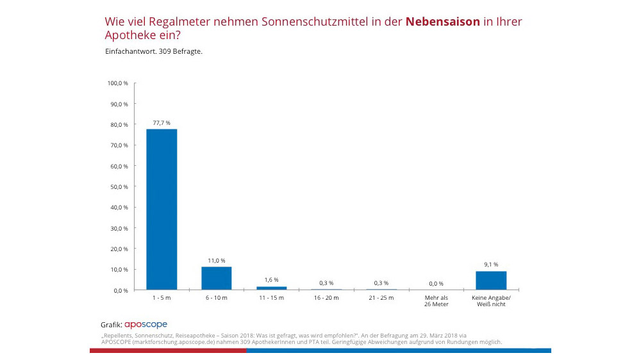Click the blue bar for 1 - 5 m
(x=162, y=209)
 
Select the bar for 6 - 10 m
(x=217, y=278)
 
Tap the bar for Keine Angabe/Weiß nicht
(x=491, y=281)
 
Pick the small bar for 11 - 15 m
(x=271, y=288)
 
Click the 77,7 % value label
(x=162, y=122)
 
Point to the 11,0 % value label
(x=217, y=260)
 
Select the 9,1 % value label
(x=491, y=264)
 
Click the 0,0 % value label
(x=436, y=283)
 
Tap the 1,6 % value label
(x=271, y=280)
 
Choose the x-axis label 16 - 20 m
(x=326, y=299)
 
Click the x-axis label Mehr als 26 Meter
(x=436, y=302)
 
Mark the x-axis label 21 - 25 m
(x=381, y=299)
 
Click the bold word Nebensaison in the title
(x=442, y=22)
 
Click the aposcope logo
(x=146, y=325)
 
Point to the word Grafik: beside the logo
(x=112, y=325)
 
